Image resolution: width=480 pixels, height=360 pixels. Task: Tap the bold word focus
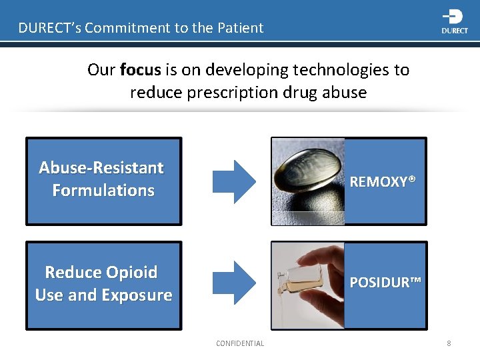[x=140, y=70]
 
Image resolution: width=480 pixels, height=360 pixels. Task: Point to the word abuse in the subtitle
[x=344, y=92]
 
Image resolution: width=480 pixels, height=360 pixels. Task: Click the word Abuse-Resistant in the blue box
[x=101, y=167]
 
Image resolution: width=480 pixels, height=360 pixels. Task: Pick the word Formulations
[x=103, y=191]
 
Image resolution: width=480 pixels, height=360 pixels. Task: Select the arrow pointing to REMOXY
[x=233, y=181]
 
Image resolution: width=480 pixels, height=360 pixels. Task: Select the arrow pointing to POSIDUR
[x=233, y=283]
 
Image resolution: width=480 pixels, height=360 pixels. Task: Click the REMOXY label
[x=383, y=181]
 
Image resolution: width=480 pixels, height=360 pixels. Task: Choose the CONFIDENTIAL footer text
[x=240, y=343]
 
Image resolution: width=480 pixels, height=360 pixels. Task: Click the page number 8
[x=449, y=343]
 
